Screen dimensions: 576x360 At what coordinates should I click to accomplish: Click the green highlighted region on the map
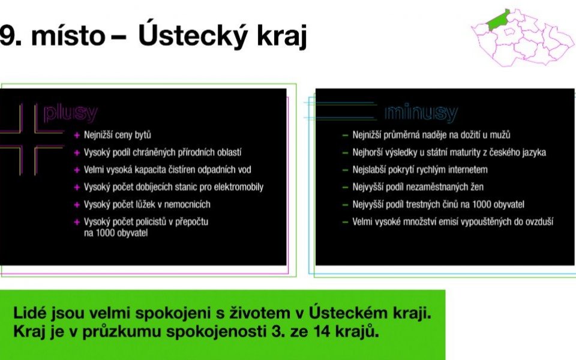coord(498,19)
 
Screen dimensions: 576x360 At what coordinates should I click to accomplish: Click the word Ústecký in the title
coord(191,35)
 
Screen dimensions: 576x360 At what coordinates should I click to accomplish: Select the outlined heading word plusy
coord(71,113)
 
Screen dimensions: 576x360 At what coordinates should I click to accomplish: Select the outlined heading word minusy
coord(421,112)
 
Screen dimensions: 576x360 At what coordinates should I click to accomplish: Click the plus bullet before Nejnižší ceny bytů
coord(77,135)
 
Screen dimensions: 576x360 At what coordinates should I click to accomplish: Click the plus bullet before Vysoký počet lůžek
coord(77,205)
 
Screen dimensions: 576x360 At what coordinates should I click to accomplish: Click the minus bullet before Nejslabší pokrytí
coord(345,170)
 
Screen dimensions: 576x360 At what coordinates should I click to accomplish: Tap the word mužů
coord(500,135)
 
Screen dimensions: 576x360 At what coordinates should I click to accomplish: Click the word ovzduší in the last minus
coord(539,221)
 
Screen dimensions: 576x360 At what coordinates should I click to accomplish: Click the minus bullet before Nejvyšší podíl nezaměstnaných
coord(345,187)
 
